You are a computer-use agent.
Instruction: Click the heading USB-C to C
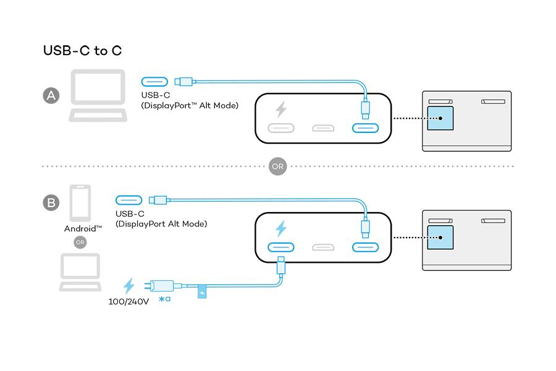(82, 51)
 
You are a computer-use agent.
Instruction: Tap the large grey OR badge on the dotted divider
(277, 166)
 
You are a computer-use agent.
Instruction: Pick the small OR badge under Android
(80, 242)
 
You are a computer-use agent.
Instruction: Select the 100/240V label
(128, 302)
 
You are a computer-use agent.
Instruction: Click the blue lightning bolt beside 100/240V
(129, 285)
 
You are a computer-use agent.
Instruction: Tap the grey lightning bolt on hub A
(281, 110)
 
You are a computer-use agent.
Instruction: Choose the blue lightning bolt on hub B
(281, 229)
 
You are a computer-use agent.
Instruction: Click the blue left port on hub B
(281, 248)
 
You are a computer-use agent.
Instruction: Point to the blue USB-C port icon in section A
(154, 81)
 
